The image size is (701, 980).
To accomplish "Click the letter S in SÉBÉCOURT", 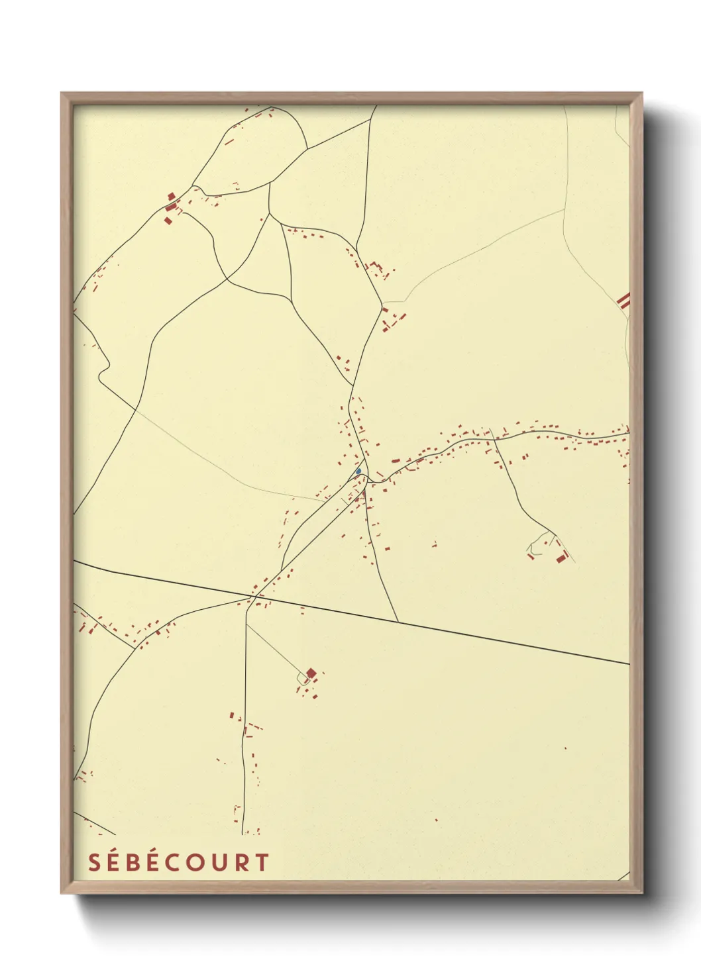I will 94,862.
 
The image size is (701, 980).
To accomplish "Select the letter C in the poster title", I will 178,862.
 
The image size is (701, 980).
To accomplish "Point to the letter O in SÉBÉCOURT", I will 199,862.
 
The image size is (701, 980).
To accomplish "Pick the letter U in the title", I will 221,862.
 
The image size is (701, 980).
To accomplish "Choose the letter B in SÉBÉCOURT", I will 135,862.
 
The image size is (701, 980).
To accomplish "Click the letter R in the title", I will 243,862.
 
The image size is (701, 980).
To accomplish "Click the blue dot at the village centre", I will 358,471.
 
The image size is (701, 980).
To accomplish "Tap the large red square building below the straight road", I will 311,673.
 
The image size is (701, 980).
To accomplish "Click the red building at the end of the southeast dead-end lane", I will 562,558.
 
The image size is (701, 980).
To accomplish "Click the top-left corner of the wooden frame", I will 62,93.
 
